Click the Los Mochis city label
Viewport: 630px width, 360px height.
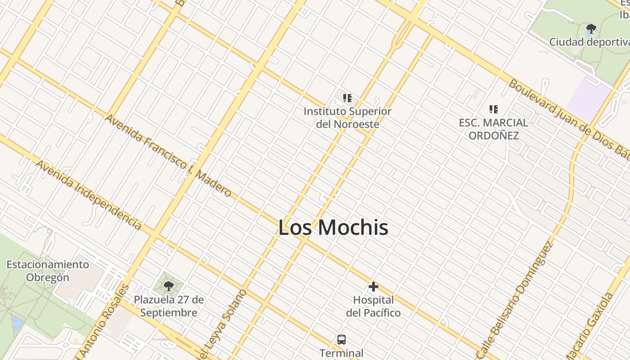[333, 227]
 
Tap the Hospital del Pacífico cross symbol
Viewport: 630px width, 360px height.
[373, 287]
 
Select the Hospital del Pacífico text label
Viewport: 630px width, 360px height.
[373, 306]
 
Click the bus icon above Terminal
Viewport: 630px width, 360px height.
[342, 339]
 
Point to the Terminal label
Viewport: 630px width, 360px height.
[341, 353]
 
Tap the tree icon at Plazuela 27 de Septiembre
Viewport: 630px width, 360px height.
[169, 286]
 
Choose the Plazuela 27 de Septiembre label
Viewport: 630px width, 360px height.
[169, 306]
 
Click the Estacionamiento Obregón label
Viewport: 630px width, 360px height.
[48, 270]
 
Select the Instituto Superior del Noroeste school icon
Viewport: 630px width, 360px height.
[347, 98]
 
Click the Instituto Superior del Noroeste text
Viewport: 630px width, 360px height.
[347, 117]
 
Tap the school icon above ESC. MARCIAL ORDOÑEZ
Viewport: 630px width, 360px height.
[494, 109]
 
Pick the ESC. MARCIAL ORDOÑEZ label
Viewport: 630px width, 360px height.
[494, 129]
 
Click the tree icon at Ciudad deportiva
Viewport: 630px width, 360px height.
[591, 30]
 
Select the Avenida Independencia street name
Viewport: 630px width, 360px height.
[89, 194]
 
